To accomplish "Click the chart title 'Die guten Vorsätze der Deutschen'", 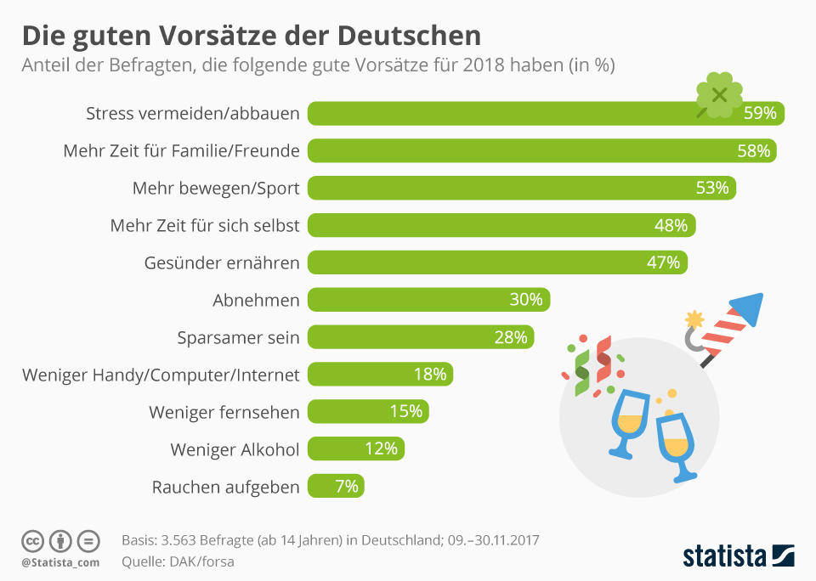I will point(251,36).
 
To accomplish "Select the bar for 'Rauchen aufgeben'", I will point(337,487).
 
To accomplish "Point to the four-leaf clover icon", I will point(718,95).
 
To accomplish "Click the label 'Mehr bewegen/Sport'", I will point(216,188).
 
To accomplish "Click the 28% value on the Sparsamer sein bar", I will point(511,337).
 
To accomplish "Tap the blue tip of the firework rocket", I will point(749,307).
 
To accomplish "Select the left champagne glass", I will point(630,421).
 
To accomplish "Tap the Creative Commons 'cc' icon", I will point(32,541).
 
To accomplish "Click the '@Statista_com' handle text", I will point(60,562).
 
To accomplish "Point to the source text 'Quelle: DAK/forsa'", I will point(178,561).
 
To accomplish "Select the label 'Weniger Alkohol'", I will point(235,449).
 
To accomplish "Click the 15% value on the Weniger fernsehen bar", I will point(405,412).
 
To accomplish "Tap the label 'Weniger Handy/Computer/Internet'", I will point(161,375).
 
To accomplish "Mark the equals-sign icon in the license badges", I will point(88,541).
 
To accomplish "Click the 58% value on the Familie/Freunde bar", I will point(753,151).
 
